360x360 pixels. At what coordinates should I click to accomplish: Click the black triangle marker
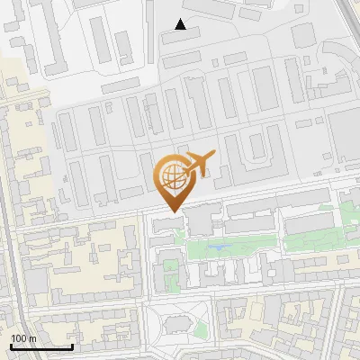click(181, 24)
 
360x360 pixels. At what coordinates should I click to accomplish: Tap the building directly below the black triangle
click(183, 37)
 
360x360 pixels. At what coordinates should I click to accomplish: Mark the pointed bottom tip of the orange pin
click(172, 211)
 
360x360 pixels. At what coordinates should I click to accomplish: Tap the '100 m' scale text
click(23, 338)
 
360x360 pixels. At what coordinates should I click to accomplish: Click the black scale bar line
click(41, 346)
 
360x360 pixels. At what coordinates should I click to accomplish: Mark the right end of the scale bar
click(72, 346)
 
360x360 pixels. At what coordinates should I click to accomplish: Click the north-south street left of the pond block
click(145, 261)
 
